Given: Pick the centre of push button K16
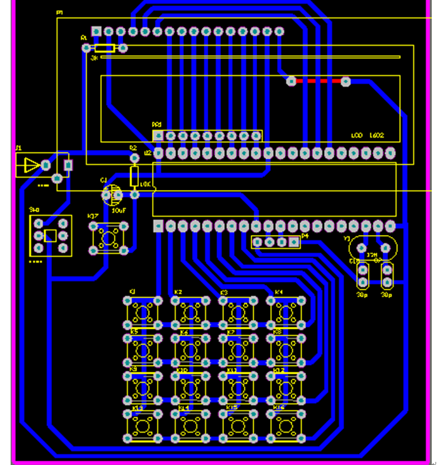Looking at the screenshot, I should click(x=286, y=425).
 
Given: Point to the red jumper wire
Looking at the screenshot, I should click(x=318, y=81).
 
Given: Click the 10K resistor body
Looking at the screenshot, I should click(x=133, y=176).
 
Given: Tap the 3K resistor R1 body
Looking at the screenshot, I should click(x=104, y=47).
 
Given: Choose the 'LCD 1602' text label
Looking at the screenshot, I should click(x=367, y=136).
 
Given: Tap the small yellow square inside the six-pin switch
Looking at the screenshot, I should click(x=51, y=236).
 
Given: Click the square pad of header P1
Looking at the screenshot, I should click(x=96, y=31).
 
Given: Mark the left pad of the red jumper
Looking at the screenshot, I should click(x=291, y=81).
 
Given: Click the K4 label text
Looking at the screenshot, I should click(x=278, y=292).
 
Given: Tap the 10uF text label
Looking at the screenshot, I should click(x=120, y=211).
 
